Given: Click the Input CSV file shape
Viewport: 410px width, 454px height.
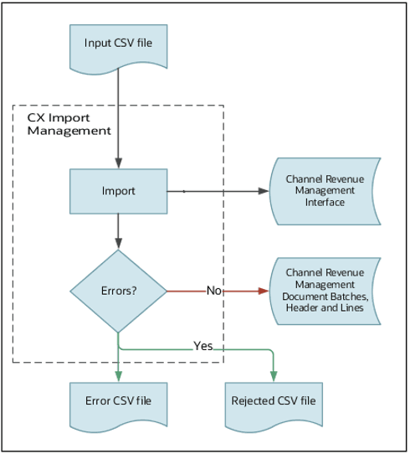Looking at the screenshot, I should pyautogui.click(x=118, y=44).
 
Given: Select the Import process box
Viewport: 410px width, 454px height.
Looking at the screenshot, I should pyautogui.click(x=118, y=191).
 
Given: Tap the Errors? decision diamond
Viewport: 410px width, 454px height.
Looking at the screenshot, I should pyautogui.click(x=118, y=291).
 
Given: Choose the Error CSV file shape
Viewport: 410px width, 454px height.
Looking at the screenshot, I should pyautogui.click(x=118, y=400).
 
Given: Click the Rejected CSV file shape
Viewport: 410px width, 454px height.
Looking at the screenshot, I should pyautogui.click(x=274, y=400).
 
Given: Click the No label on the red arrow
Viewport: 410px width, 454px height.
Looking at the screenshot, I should pyautogui.click(x=213, y=291).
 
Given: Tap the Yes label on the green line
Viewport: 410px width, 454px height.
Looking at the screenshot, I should pyautogui.click(x=202, y=345).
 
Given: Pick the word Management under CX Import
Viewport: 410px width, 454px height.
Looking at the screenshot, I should pyautogui.click(x=69, y=132).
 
